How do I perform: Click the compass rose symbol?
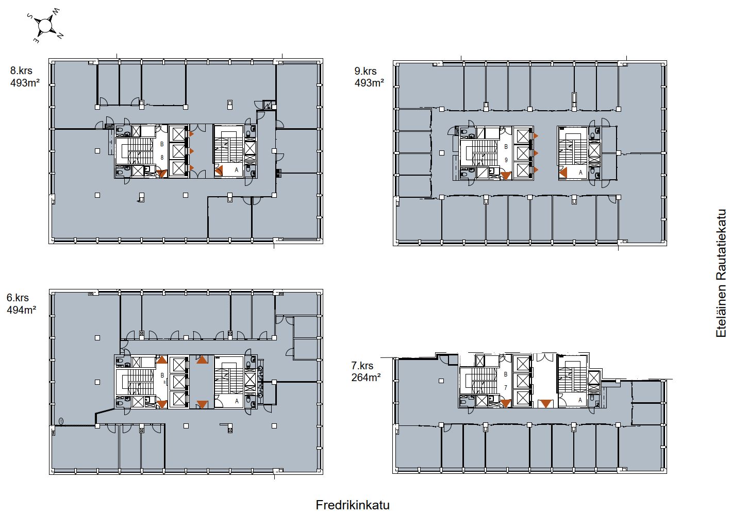point(45,25)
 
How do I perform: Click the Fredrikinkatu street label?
point(353,505)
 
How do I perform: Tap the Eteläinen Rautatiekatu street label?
point(721,273)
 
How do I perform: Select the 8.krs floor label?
point(21,71)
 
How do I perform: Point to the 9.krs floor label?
point(365,71)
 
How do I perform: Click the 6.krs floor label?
point(18,298)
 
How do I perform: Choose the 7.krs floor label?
point(362,365)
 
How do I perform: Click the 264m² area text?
point(366,378)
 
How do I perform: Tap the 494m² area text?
point(21,310)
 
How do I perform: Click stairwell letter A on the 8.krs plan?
point(237,170)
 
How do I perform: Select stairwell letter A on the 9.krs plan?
point(580,173)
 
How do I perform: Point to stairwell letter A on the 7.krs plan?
point(580,400)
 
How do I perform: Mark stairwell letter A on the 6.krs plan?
point(237,401)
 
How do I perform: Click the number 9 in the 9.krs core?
point(506,160)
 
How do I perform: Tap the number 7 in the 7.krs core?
point(506,387)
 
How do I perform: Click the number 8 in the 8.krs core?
point(162,158)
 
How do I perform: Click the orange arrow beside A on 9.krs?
point(562,173)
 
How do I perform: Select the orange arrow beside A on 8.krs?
point(219,170)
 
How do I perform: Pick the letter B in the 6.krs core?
point(162,375)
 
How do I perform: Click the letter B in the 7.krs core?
point(506,374)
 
